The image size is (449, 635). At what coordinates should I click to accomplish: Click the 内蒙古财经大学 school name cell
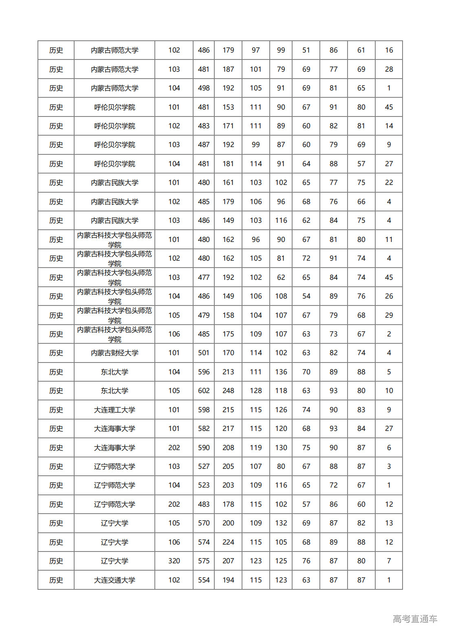point(114,353)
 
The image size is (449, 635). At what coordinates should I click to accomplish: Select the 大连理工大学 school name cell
point(114,410)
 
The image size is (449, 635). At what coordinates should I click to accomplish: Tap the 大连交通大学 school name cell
point(114,580)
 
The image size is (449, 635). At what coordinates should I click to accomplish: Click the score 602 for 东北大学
point(204,391)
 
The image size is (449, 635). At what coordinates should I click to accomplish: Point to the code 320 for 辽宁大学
point(174,561)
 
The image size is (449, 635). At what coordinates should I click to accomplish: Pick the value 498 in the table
point(204,88)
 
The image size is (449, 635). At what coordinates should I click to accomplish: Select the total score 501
point(204,353)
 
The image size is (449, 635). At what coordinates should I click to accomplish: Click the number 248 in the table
point(228,391)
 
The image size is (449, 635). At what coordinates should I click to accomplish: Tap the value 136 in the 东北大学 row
point(281,372)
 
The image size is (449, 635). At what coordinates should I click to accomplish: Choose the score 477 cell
point(204,277)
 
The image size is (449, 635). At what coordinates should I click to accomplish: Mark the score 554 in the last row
point(204,580)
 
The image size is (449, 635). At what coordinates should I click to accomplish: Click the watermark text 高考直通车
point(415,619)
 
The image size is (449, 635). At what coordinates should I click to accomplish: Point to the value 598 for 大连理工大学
point(204,410)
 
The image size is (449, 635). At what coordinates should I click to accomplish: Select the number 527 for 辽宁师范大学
point(204,466)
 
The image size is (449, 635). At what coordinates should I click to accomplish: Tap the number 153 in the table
point(228,107)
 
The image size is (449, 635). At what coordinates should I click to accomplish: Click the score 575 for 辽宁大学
point(204,561)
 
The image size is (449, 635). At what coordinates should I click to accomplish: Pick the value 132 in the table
point(281,523)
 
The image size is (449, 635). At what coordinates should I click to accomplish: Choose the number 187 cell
point(228,69)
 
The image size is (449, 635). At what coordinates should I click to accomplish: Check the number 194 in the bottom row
point(228,580)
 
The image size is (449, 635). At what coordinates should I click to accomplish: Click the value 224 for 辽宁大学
point(228,542)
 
